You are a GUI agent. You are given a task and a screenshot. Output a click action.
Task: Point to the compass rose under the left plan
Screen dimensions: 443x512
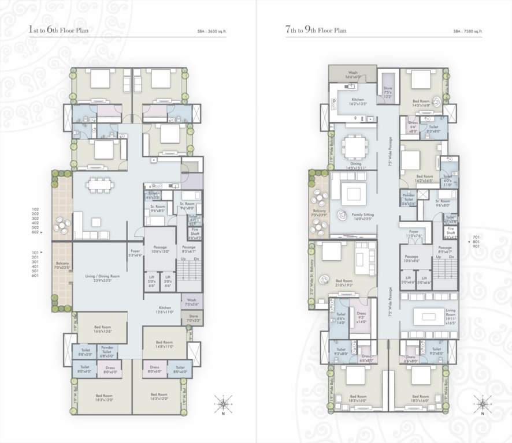point(222,402)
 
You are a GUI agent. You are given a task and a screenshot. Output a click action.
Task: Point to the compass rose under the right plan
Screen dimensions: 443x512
point(482,402)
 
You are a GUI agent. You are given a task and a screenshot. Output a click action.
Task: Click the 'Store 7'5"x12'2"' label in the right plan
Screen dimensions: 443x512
point(388,92)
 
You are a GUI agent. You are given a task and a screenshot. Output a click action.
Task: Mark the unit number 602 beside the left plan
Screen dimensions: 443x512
point(35,232)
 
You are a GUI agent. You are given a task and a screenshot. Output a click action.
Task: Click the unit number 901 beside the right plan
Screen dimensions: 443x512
point(477,246)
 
